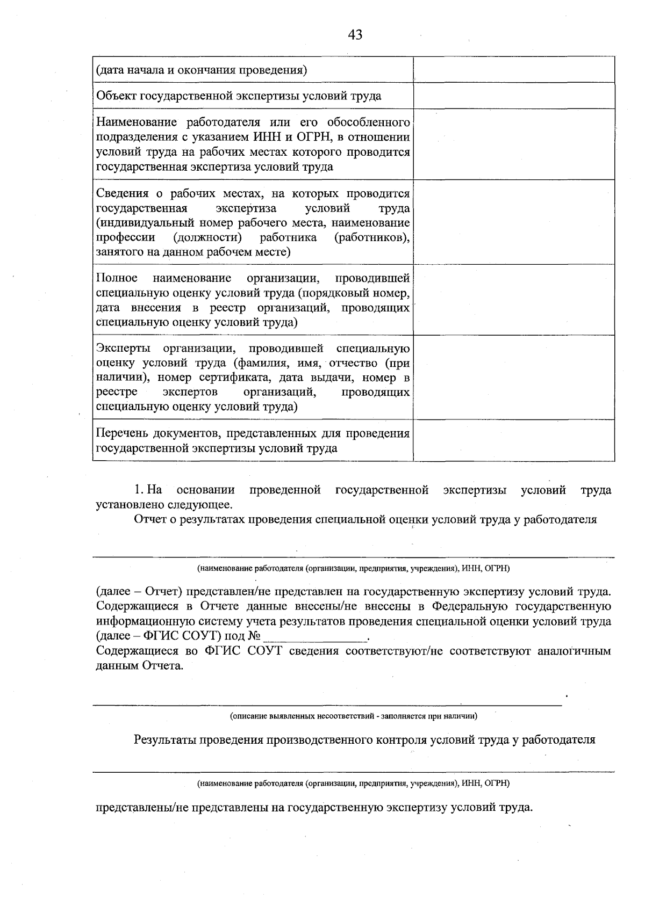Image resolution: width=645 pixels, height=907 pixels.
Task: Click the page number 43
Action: click(x=355, y=35)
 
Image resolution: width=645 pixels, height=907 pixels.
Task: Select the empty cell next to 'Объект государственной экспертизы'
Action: click(x=513, y=96)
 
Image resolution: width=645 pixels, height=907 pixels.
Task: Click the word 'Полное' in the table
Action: click(x=117, y=278)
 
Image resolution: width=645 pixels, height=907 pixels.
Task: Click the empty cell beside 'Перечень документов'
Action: click(x=513, y=440)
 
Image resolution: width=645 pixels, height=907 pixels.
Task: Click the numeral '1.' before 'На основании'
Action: click(x=139, y=490)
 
